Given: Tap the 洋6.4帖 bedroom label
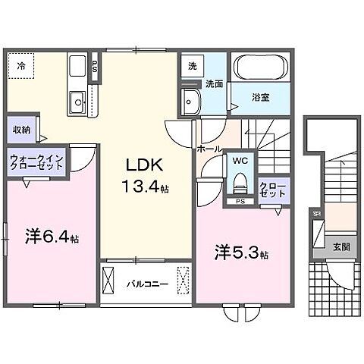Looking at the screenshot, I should point(50,237).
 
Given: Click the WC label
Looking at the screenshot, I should point(240,161).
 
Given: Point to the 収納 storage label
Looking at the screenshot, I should point(20,129).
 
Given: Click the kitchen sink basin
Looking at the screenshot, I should point(77,101).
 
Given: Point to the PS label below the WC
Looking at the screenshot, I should point(240,202).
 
